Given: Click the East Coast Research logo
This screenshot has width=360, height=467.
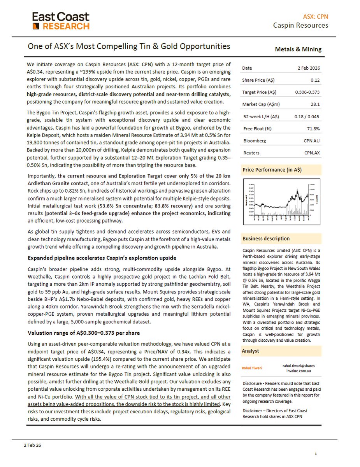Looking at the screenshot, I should pos(61,21).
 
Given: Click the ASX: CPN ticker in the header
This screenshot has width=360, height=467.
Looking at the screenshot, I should pos(315,16).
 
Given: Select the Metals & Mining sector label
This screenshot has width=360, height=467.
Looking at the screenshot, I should pos(298,49).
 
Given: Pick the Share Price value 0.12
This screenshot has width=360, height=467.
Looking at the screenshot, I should pos(316,80).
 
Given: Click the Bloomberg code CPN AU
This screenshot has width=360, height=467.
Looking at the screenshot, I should pos(312,140).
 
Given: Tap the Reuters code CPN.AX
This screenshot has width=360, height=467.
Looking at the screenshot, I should pos(312,153).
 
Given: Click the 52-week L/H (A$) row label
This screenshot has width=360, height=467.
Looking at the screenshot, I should pos(261,116).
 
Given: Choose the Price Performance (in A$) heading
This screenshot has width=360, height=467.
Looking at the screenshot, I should pos(272,170).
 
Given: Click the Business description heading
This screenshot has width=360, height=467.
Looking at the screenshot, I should pos(266,239).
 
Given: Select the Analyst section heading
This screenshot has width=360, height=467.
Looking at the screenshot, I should pos(250,351).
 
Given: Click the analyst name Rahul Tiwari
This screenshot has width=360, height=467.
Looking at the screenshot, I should pos(252,368).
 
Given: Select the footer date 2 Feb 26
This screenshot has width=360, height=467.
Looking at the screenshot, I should pos(32,445).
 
